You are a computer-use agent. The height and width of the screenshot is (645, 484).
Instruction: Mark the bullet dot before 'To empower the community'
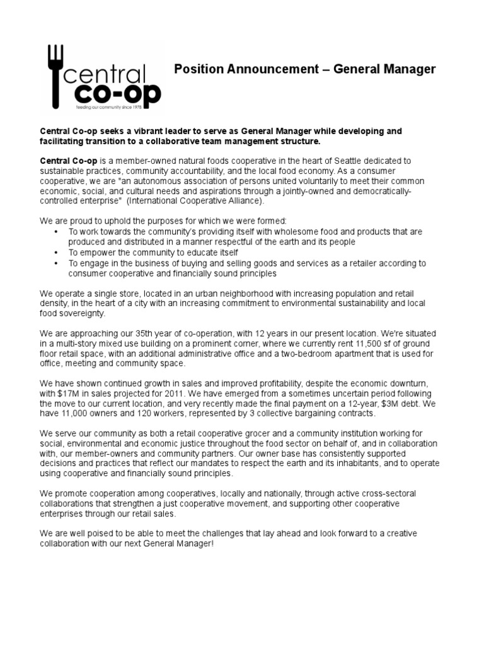tap(57, 253)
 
